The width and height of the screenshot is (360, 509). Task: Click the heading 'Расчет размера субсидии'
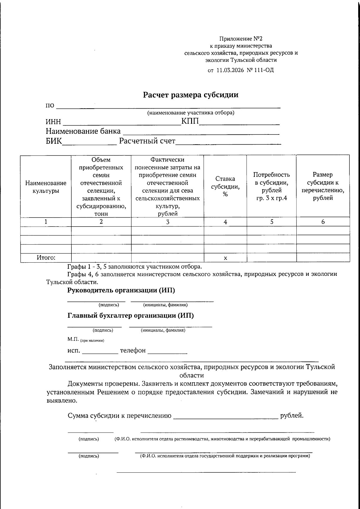tap(190, 95)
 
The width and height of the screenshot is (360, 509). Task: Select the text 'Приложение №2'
tap(241, 39)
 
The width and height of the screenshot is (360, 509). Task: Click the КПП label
tap(190, 122)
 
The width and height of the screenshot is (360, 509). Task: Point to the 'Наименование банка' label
tap(83, 131)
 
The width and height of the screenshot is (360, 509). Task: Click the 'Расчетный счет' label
tap(147, 141)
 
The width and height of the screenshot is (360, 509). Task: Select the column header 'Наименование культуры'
tap(46, 187)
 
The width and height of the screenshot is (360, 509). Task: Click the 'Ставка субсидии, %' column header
tap(225, 186)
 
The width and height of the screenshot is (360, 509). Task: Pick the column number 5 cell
tap(271, 222)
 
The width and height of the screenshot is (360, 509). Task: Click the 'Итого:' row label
tap(46, 258)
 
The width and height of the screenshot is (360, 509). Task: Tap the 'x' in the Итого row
tap(225, 258)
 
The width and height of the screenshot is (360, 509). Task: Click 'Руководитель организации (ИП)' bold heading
tap(121, 290)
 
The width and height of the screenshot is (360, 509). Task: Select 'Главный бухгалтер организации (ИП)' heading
tap(130, 315)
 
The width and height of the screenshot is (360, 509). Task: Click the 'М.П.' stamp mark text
tap(73, 339)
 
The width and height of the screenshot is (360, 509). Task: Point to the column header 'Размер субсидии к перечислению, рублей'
tap(323, 186)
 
